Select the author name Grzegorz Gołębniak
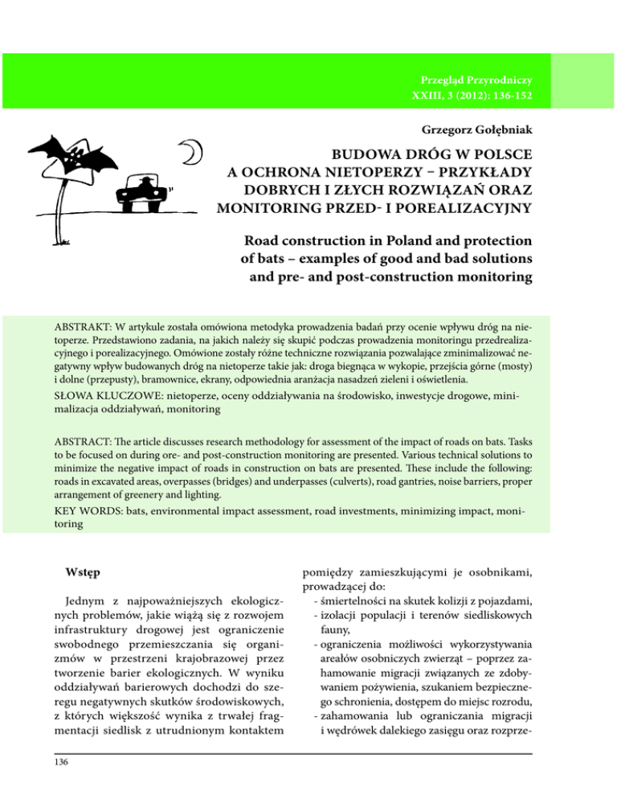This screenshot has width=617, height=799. tap(475, 129)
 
